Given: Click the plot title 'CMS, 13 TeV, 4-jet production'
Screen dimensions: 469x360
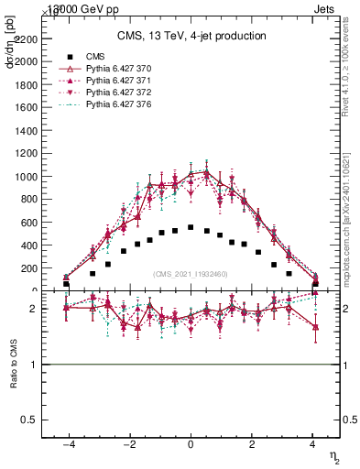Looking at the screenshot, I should (x=191, y=37).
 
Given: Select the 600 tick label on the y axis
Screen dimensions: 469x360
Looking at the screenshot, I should (x=25, y=222).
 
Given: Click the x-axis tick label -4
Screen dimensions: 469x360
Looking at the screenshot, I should (x=67, y=442).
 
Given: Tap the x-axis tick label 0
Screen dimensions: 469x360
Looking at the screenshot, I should (x=191, y=442).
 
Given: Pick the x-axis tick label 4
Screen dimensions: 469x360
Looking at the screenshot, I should (x=313, y=442).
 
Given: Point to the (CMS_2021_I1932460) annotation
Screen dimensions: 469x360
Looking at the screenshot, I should (x=191, y=274).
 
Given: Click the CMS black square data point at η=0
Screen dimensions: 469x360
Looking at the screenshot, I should (x=191, y=227).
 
